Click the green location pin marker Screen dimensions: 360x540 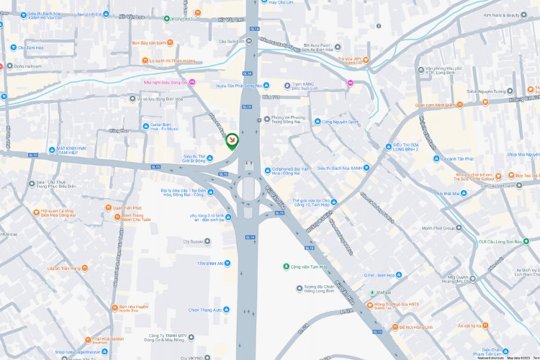click(233, 142)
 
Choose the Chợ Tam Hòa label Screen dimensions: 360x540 click(32, 48)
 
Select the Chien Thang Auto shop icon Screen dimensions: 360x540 click(227, 310)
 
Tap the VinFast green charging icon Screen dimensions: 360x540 click(372, 292)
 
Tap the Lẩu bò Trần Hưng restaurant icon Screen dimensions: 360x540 click(86, 268)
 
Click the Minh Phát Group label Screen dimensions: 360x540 click(441, 228)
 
